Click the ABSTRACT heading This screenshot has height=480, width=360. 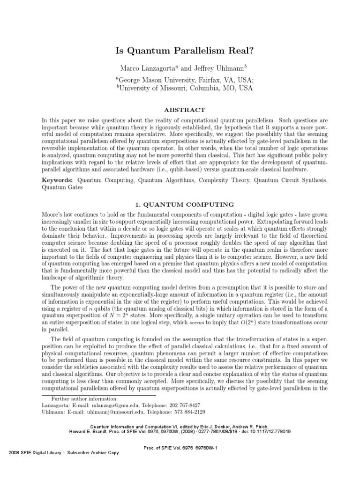[x=180, y=110]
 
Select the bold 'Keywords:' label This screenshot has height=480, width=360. [x=58, y=180]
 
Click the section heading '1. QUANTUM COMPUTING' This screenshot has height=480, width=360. [x=180, y=204]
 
